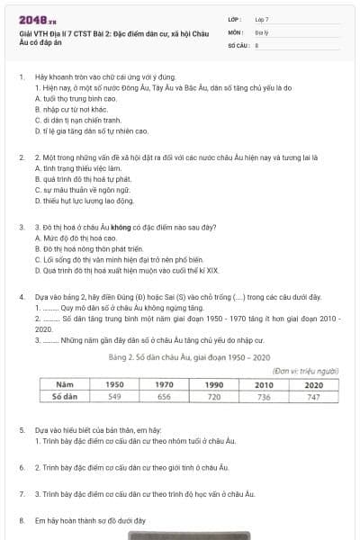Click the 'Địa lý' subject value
[x=261, y=31]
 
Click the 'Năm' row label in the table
[x=64, y=409]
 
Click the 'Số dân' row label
[x=64, y=420]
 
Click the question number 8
[x=21, y=519]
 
